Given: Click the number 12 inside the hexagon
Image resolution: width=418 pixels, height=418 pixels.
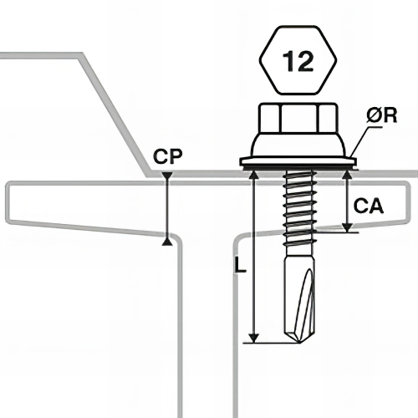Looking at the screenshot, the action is point(298,61).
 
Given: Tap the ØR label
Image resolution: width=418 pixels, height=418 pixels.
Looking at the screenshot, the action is point(381,115).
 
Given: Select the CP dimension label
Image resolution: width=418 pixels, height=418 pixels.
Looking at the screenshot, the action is point(168,156).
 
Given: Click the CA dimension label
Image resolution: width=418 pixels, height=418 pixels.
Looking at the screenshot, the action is point(369,206).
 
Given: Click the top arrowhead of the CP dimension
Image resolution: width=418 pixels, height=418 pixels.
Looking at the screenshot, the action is point(167,176).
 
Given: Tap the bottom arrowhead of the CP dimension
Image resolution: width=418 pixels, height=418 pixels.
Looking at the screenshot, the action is point(167,242).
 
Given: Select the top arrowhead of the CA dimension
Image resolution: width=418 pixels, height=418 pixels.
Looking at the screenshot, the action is point(346,175).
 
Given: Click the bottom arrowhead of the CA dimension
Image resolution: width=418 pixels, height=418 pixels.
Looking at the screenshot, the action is point(347,227).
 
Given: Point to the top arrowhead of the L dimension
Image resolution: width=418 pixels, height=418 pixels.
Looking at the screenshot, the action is point(253,175).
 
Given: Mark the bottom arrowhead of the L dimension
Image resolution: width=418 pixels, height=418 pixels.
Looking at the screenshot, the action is point(253,338).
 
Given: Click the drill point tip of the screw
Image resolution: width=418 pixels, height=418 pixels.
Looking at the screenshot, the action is point(299,342).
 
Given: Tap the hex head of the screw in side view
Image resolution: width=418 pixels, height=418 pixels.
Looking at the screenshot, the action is point(298,118).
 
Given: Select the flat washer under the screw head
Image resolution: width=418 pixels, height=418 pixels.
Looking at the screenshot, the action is point(298,162).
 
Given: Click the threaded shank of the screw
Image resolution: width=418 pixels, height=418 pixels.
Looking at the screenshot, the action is point(299,209).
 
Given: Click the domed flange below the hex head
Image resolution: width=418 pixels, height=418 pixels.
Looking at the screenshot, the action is point(298,145).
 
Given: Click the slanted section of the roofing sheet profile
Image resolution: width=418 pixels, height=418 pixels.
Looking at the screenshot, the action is point(115,115).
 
